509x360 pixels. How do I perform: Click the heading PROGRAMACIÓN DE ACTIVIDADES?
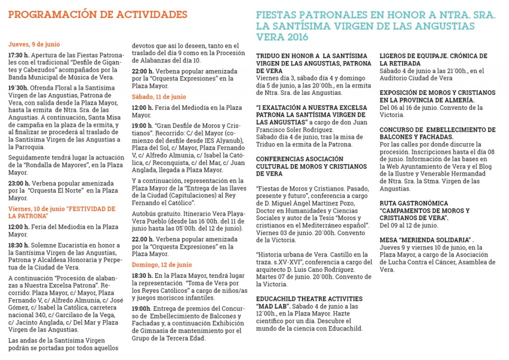point(97,14)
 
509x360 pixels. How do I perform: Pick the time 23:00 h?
point(19,183)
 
